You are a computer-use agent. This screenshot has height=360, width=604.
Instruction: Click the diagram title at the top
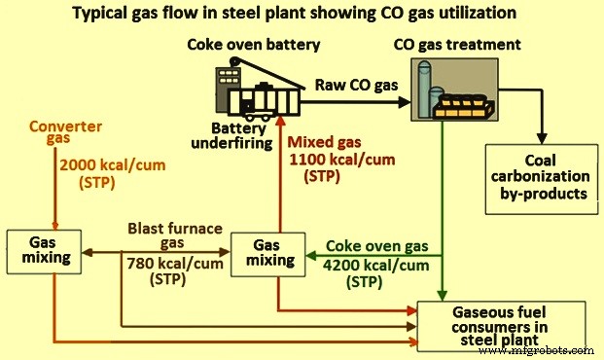click(x=302, y=14)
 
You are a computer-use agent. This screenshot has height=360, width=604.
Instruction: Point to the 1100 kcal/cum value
click(x=339, y=161)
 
